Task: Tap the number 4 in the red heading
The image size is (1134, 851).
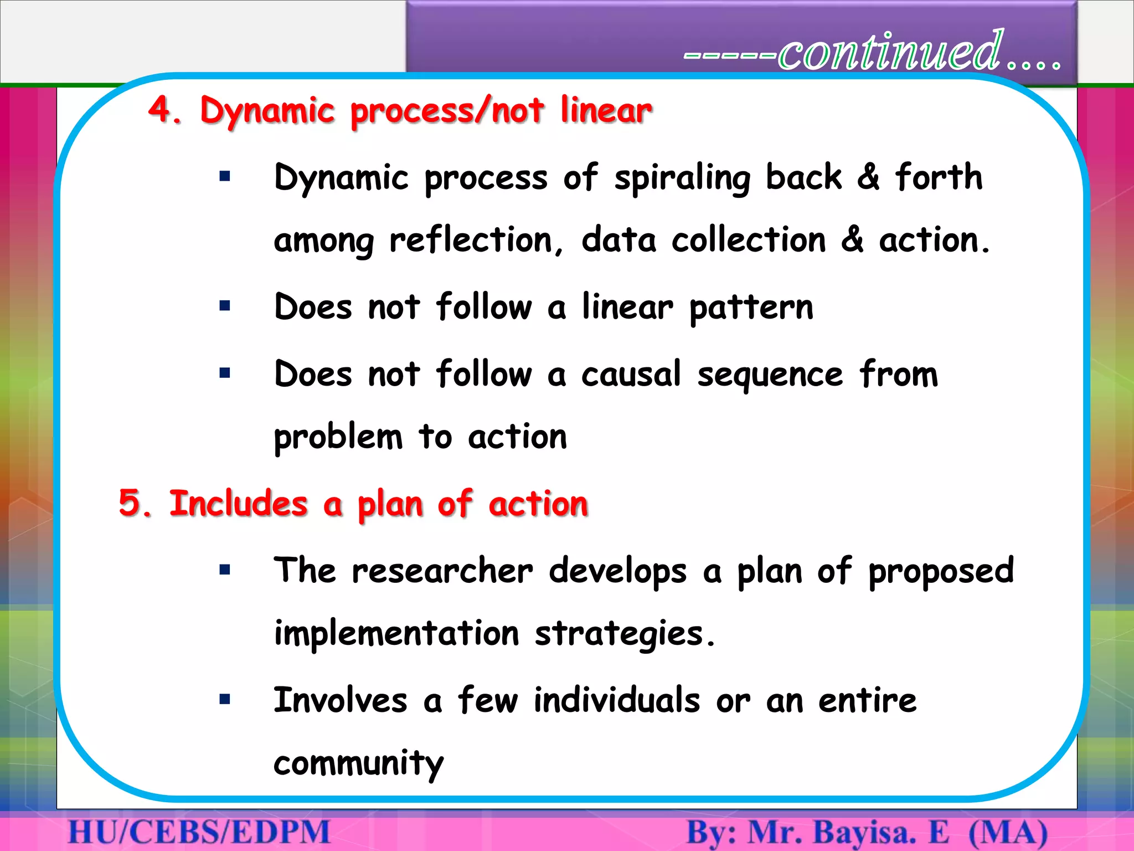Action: pyautogui.click(x=161, y=109)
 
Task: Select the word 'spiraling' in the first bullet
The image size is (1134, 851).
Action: pyautogui.click(x=683, y=178)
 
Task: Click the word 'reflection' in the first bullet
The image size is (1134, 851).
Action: pyautogui.click(x=471, y=240)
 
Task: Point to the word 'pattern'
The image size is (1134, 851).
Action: pyautogui.click(x=751, y=308)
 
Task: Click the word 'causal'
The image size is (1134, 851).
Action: pyautogui.click(x=631, y=374)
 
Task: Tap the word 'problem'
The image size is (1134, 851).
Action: pyautogui.click(x=338, y=438)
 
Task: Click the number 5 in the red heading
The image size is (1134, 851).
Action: pyautogui.click(x=131, y=503)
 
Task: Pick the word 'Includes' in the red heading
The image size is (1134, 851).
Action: pyautogui.click(x=238, y=503)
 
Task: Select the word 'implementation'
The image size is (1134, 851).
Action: pyautogui.click(x=396, y=633)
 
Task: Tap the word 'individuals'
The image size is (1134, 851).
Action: pyautogui.click(x=617, y=700)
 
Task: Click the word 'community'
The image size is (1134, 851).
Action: pyautogui.click(x=358, y=763)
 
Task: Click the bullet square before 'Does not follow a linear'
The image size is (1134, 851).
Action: pyautogui.click(x=224, y=306)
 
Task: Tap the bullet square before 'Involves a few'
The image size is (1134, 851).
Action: pyautogui.click(x=224, y=699)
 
